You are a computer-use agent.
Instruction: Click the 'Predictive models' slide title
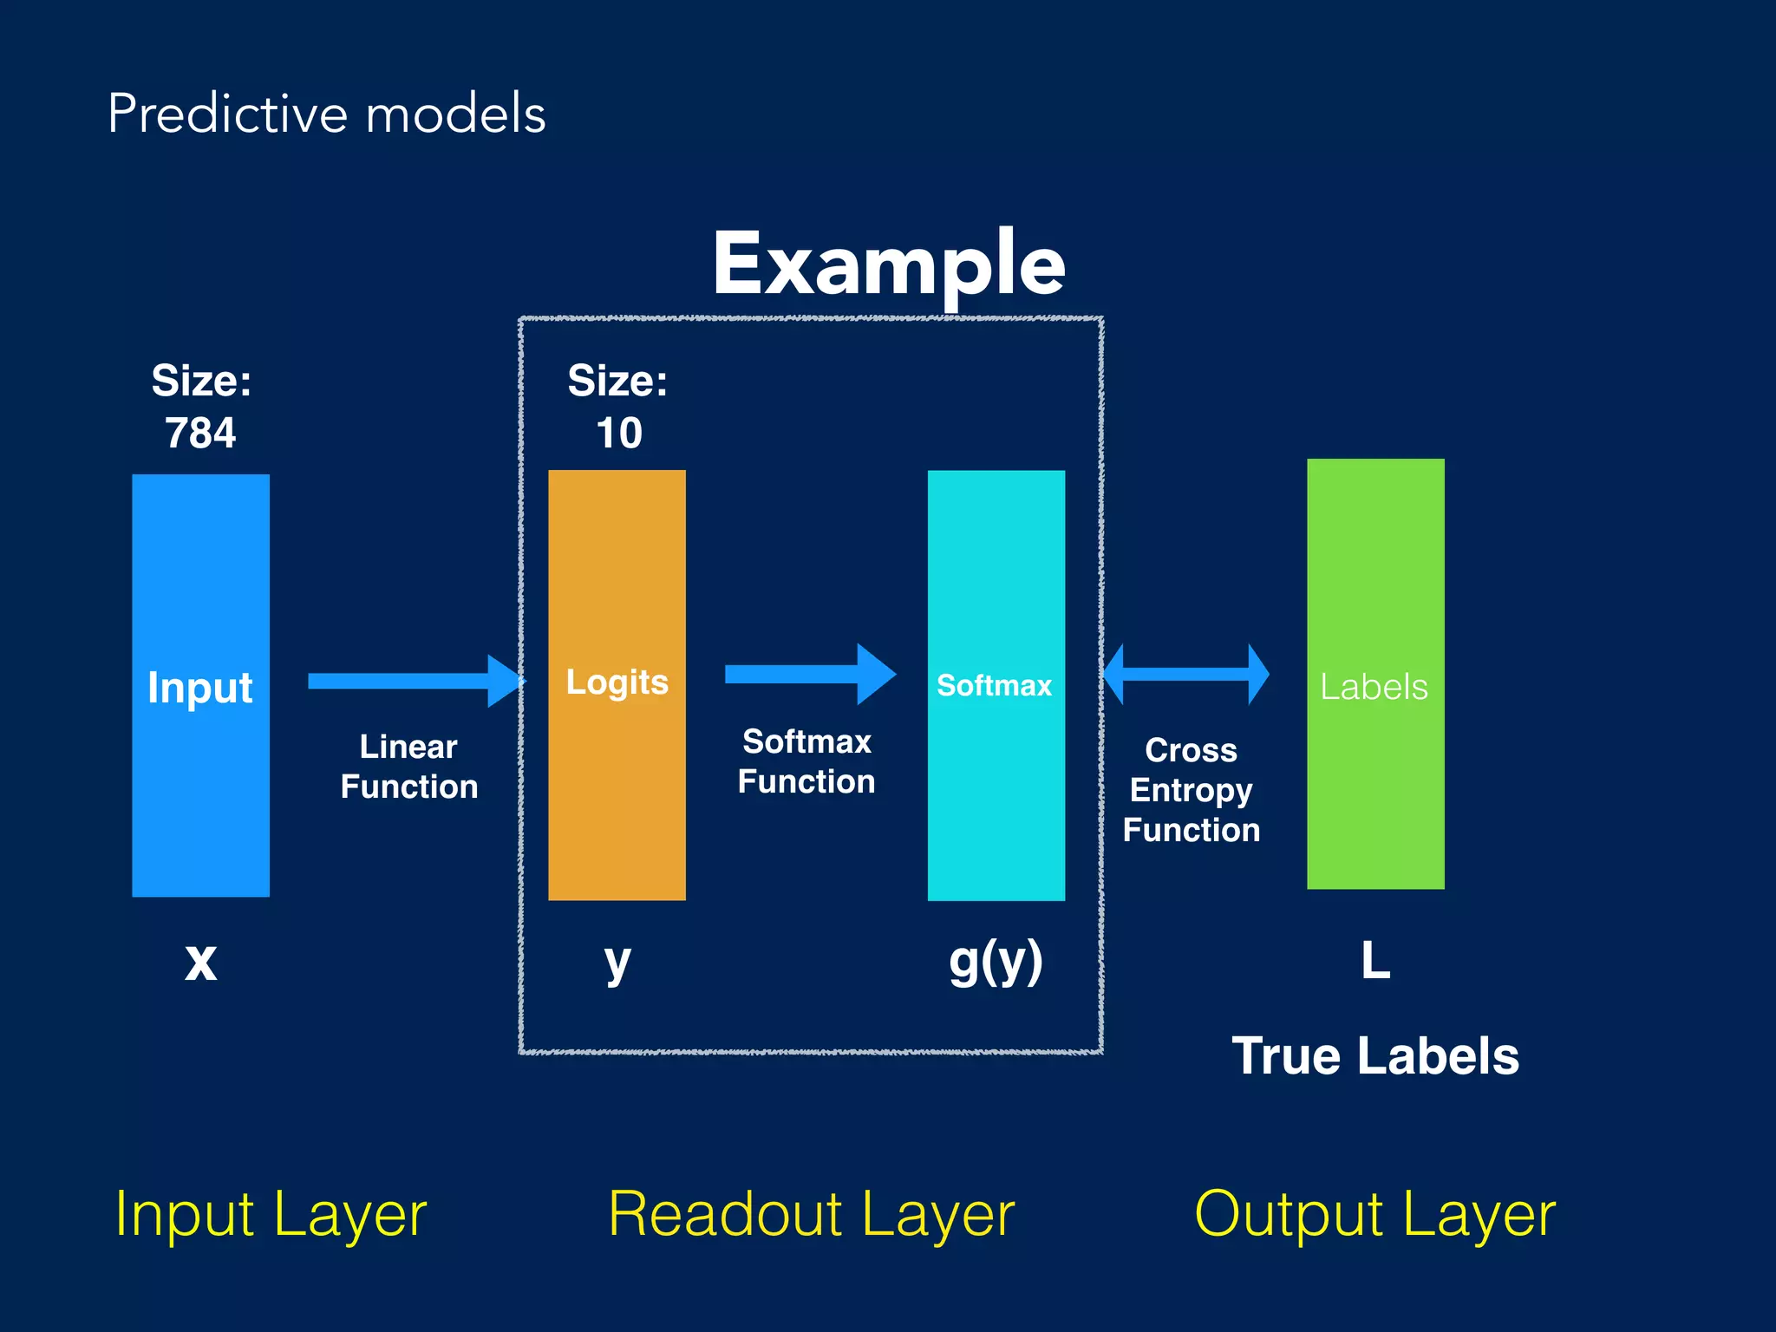click(326, 114)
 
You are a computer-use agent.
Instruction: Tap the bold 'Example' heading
click(888, 264)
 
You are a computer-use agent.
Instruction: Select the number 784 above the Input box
click(200, 433)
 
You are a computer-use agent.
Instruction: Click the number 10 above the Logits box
click(618, 433)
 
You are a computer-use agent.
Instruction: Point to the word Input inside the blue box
click(200, 688)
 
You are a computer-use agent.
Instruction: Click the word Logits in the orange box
click(617, 682)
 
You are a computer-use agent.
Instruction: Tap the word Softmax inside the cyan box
click(994, 685)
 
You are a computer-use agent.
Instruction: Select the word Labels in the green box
click(1374, 687)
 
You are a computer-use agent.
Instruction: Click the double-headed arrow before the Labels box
click(1185, 674)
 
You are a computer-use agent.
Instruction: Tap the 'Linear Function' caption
click(408, 767)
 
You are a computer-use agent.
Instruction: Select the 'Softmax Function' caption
click(806, 761)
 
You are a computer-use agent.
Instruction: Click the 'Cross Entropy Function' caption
click(1191, 790)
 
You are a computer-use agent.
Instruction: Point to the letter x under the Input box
click(200, 962)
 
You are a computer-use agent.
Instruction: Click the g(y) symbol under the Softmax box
click(996, 962)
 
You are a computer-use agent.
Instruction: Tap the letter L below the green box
click(1375, 961)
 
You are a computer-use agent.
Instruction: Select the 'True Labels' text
click(1375, 1055)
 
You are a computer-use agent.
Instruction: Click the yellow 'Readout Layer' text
click(811, 1214)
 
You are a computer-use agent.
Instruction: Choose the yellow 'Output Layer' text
click(1374, 1214)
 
